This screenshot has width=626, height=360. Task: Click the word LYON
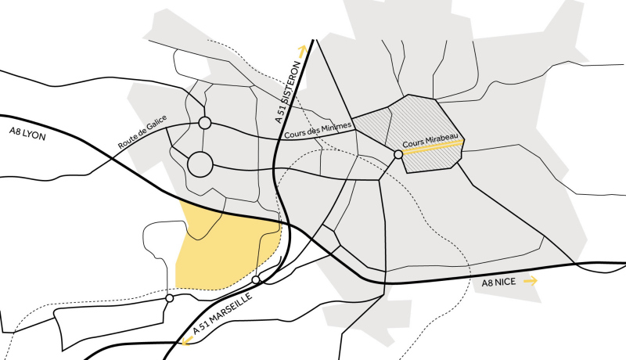pyautogui.click(x=34, y=134)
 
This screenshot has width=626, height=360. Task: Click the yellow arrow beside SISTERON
pyautogui.click(x=299, y=49)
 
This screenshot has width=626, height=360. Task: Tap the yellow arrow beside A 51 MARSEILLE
pyautogui.click(x=188, y=341)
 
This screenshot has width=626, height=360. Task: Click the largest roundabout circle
pyautogui.click(x=200, y=164)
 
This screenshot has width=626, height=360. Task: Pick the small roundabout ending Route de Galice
pyautogui.click(x=205, y=123)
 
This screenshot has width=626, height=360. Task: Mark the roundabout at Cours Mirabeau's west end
pyautogui.click(x=398, y=155)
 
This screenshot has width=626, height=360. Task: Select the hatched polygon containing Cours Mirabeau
pyautogui.click(x=423, y=117)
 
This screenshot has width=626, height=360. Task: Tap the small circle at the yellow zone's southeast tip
pyautogui.click(x=256, y=279)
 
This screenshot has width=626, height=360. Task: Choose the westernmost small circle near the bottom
pyautogui.click(x=169, y=298)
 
